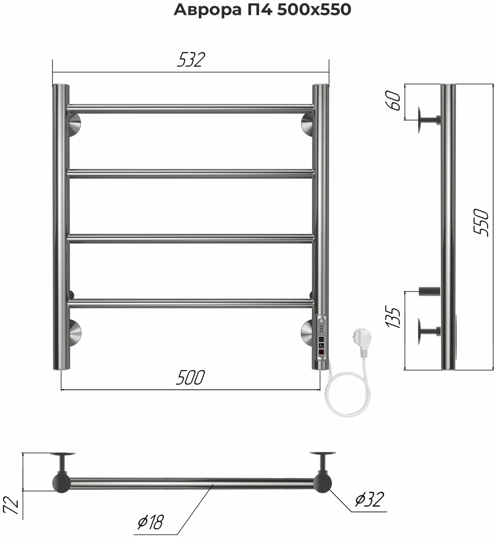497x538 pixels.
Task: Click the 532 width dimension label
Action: point(191,60)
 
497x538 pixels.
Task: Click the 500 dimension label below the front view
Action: point(190,377)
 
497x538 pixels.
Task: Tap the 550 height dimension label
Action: point(481,222)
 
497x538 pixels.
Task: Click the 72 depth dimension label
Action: point(12,506)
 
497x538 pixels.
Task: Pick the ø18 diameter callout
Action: point(150,522)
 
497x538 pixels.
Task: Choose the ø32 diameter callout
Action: point(370,499)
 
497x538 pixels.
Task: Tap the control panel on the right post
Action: point(321,338)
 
